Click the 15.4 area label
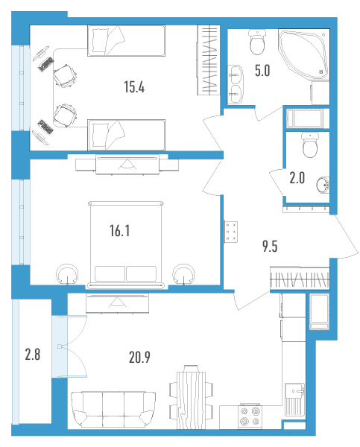click(x=134, y=86)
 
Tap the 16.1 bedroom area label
click(x=120, y=231)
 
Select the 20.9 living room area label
click(x=139, y=357)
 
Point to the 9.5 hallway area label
click(x=270, y=247)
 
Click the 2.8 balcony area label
click(x=33, y=355)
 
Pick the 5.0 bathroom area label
click(x=262, y=71)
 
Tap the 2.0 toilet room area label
click(x=297, y=178)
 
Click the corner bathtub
click(x=303, y=54)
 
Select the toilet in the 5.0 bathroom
click(x=257, y=42)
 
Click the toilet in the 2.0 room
click(x=310, y=145)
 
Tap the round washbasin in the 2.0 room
click(x=323, y=185)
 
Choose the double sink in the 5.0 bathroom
click(x=236, y=84)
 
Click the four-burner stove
click(x=250, y=416)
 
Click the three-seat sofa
click(x=113, y=410)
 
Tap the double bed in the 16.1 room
click(x=126, y=244)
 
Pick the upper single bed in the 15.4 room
click(x=126, y=40)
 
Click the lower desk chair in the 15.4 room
click(x=66, y=115)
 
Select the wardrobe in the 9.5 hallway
click(x=300, y=278)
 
